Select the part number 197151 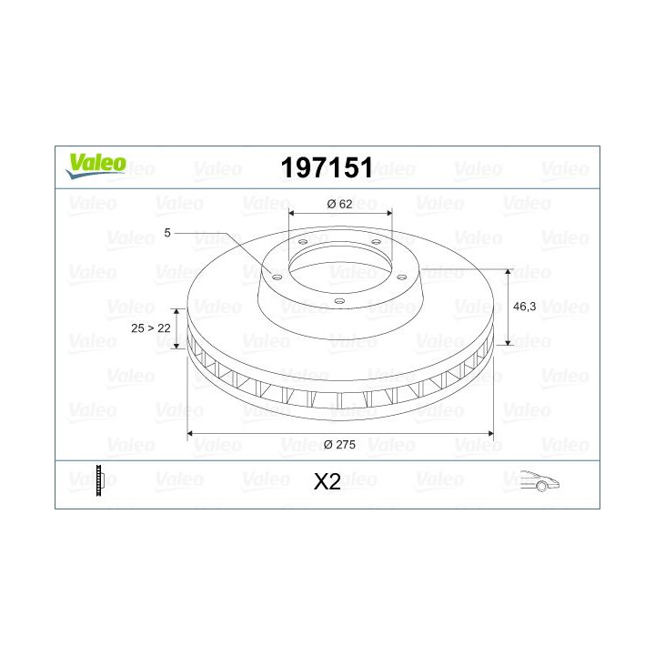click(327, 166)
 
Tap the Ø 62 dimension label click(338, 204)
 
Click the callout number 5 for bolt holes click(167, 233)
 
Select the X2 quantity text click(327, 482)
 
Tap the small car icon click(539, 481)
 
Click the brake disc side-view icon click(100, 480)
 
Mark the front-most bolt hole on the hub click(338, 300)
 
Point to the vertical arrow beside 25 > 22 click(179, 328)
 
